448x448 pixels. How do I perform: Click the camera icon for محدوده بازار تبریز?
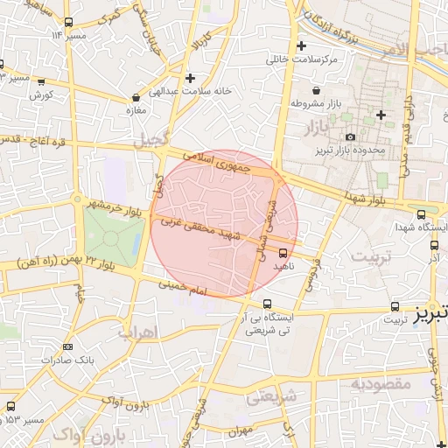(351, 137)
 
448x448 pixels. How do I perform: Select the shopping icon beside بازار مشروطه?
(315, 90)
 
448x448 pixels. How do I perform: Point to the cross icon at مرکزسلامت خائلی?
(302, 45)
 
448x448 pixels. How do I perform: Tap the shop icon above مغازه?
(136, 98)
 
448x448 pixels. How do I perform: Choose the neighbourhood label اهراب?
(135, 332)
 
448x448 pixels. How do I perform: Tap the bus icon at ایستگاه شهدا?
(422, 214)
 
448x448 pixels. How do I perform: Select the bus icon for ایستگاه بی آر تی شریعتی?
(267, 304)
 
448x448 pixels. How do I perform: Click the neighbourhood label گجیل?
(149, 141)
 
